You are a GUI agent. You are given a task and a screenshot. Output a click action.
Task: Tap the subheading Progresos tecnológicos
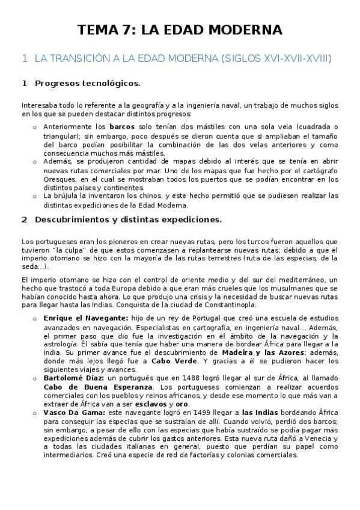click(x=88, y=82)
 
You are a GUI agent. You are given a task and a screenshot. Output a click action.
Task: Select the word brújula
click(x=67, y=195)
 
